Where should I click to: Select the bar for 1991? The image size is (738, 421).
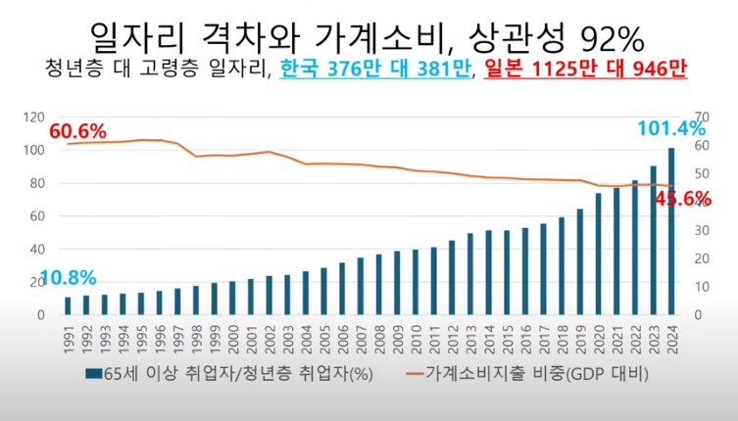click(68, 305)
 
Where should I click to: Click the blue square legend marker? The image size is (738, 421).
click(93, 374)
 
